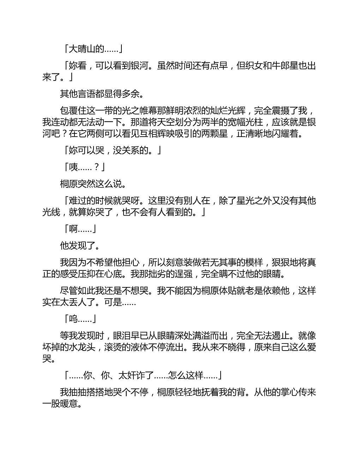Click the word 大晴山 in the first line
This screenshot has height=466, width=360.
coord(82,49)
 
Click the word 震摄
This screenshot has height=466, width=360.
coord(281,111)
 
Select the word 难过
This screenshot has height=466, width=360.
coord(78,201)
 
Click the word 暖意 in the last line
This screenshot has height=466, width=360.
coord(69,404)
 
